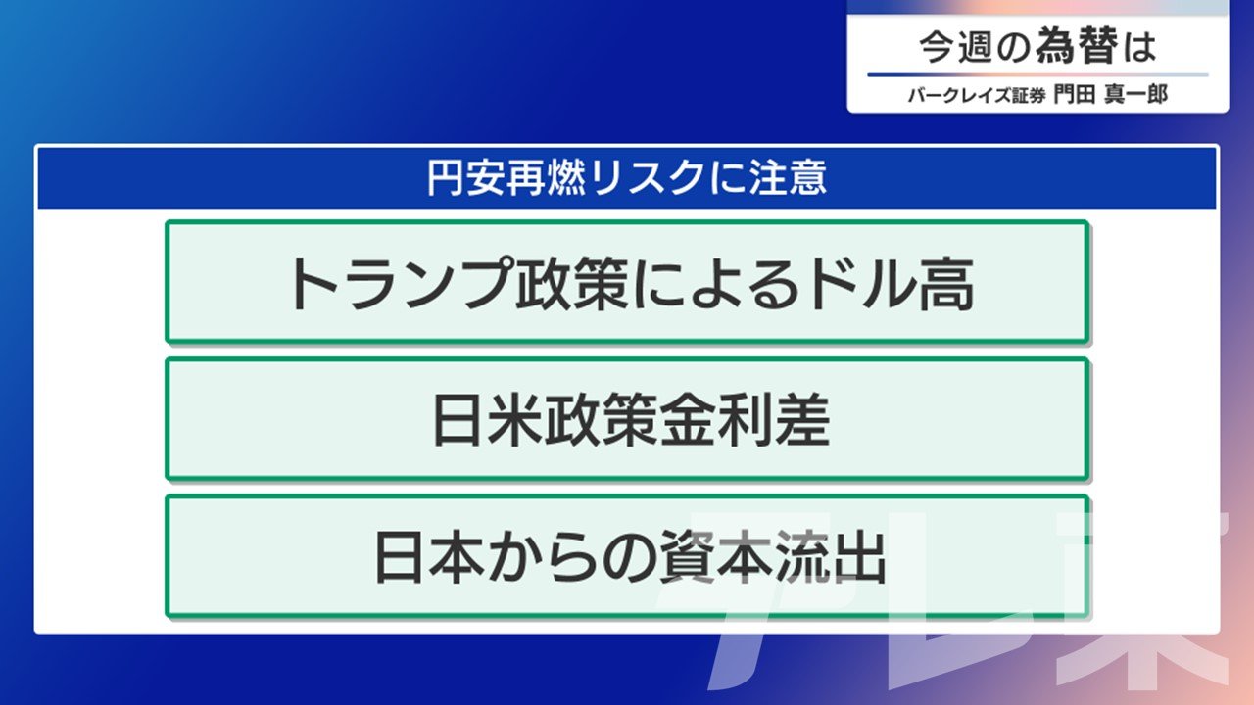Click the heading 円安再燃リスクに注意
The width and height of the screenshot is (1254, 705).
click(x=627, y=178)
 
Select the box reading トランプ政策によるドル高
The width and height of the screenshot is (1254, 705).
click(x=628, y=281)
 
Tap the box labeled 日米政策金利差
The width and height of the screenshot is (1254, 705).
click(x=628, y=418)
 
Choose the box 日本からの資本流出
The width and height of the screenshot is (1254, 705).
click(x=628, y=556)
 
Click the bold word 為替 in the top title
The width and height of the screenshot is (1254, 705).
click(x=1076, y=46)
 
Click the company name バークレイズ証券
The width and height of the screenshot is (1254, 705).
click(x=977, y=95)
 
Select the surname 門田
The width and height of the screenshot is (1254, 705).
click(x=1075, y=94)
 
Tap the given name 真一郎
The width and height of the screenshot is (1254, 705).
click(x=1135, y=94)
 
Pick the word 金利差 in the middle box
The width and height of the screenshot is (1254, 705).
click(x=745, y=420)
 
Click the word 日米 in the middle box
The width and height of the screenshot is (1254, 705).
click(x=488, y=420)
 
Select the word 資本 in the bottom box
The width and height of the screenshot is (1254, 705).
click(x=716, y=557)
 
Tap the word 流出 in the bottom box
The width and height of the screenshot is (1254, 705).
click(x=830, y=557)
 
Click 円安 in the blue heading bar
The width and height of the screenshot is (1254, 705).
click(x=465, y=178)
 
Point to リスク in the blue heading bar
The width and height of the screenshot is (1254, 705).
click(x=646, y=178)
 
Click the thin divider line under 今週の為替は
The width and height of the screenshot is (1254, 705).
click(x=1037, y=74)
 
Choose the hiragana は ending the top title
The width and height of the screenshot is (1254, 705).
click(x=1139, y=47)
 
